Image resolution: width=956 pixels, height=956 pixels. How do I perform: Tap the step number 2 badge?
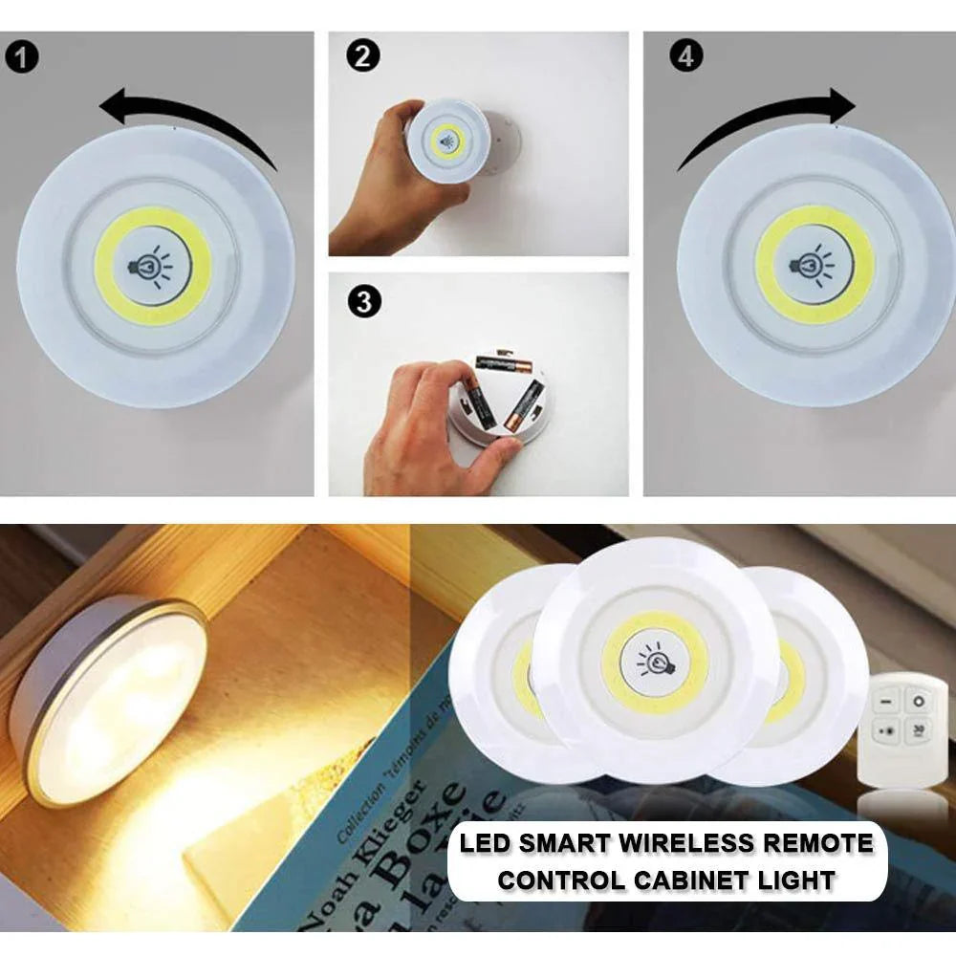tap(360, 56)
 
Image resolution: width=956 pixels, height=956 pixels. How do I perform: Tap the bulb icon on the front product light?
tap(656, 660)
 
